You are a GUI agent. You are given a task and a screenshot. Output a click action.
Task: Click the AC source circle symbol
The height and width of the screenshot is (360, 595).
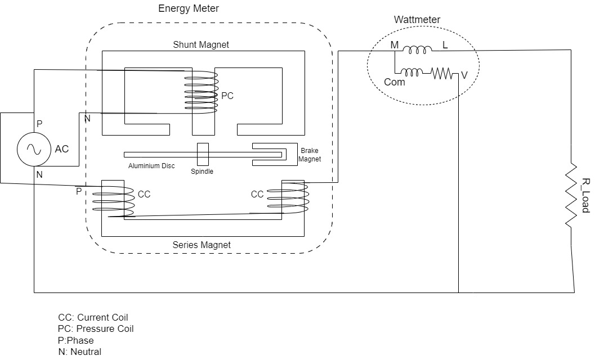32,150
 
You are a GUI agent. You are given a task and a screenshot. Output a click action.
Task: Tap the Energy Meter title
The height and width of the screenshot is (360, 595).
189,8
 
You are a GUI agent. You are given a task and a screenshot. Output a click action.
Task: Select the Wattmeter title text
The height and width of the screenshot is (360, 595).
417,20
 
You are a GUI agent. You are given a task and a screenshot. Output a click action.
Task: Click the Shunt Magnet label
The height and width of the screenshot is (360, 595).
202,44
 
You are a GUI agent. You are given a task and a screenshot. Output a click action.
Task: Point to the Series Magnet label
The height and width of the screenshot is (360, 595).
202,245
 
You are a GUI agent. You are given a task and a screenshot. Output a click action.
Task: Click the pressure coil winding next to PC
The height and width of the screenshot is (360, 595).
203,93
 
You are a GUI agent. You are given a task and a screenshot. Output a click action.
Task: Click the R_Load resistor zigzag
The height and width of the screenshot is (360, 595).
572,195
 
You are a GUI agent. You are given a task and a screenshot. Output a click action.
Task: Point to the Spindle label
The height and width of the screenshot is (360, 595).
202,171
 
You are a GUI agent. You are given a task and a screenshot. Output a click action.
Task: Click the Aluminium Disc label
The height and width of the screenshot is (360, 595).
151,166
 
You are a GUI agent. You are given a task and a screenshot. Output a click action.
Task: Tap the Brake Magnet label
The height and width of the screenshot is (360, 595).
310,155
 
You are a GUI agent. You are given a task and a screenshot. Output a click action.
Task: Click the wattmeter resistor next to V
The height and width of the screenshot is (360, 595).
442,73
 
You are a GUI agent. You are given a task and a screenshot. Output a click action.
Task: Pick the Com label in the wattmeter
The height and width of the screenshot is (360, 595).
394,82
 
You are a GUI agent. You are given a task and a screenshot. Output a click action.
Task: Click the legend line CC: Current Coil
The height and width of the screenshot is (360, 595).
92,318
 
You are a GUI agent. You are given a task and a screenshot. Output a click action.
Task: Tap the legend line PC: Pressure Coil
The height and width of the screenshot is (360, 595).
95,329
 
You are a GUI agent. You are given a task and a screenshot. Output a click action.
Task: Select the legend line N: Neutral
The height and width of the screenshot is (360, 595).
79,352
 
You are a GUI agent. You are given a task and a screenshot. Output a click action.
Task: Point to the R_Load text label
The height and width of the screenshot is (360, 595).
585,195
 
